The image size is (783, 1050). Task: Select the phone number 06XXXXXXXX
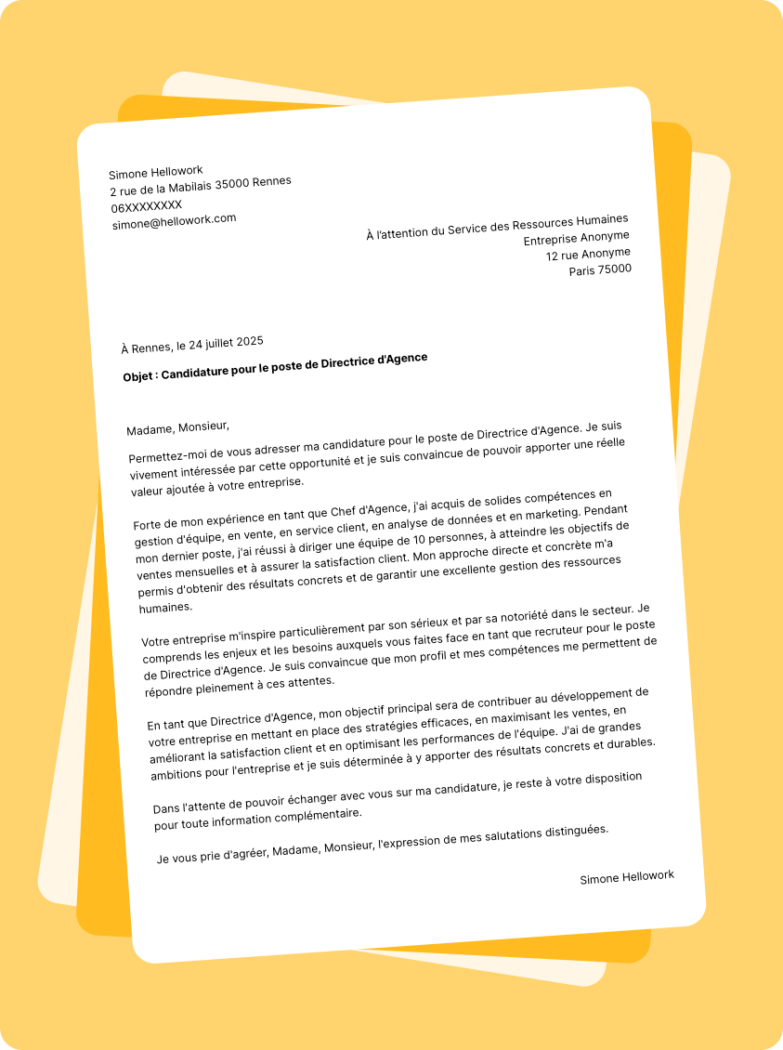click(147, 206)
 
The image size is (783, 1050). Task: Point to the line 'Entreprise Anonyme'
click(576, 238)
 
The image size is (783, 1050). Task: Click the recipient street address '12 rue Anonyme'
click(588, 254)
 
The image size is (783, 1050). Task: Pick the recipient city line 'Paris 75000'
click(600, 270)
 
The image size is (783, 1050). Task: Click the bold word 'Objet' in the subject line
click(140, 377)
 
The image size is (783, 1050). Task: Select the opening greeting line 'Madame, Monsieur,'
click(177, 428)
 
